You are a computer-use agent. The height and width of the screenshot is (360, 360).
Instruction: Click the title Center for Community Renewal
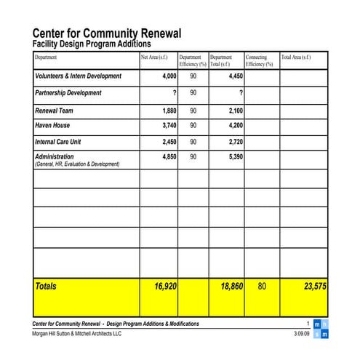[x=107, y=33]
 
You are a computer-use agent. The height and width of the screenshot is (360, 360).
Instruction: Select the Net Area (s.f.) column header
[x=154, y=57]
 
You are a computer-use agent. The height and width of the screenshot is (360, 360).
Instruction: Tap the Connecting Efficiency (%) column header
[x=258, y=60]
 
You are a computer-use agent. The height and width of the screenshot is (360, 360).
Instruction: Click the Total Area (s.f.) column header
[x=296, y=57]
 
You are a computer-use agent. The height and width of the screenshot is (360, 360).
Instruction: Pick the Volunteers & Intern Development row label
[x=78, y=76]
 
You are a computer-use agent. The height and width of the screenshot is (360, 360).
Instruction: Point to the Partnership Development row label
[x=68, y=93]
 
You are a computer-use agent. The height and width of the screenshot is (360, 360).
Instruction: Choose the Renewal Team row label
[x=55, y=111]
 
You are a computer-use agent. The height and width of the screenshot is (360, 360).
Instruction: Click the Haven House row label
[x=52, y=125]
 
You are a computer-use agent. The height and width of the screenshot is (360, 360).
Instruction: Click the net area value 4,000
[x=169, y=76]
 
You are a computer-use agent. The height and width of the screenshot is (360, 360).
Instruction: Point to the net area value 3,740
[x=169, y=125]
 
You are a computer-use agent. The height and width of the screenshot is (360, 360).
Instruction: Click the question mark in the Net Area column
[x=175, y=93]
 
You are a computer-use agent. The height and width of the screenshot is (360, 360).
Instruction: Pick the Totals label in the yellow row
[x=46, y=287]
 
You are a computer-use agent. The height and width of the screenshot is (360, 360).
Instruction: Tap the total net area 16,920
[x=165, y=287]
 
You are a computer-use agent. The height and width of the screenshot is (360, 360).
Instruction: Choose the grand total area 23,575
[x=315, y=287]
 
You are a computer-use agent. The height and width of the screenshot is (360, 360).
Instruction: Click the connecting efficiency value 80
[x=262, y=287]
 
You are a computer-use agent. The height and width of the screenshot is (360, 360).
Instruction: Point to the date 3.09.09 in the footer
[x=301, y=334]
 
